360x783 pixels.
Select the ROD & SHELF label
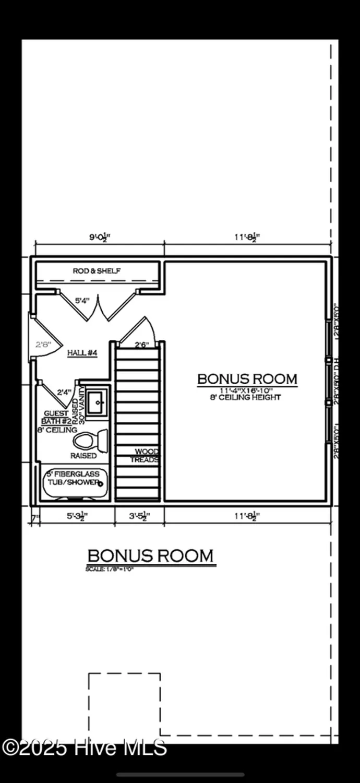click(x=97, y=271)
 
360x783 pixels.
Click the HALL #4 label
click(x=82, y=353)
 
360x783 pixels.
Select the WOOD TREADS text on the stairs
click(x=146, y=455)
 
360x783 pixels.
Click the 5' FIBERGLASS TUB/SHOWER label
click(x=73, y=478)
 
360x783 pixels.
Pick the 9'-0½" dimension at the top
click(x=100, y=236)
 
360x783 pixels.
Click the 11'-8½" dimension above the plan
click(x=247, y=236)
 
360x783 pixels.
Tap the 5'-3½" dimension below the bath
click(x=76, y=517)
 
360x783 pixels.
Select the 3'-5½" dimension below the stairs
click(x=139, y=517)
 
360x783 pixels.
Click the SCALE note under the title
click(x=110, y=569)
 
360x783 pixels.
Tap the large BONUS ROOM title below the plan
click(x=150, y=556)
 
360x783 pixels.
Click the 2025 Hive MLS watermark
click(x=85, y=748)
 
